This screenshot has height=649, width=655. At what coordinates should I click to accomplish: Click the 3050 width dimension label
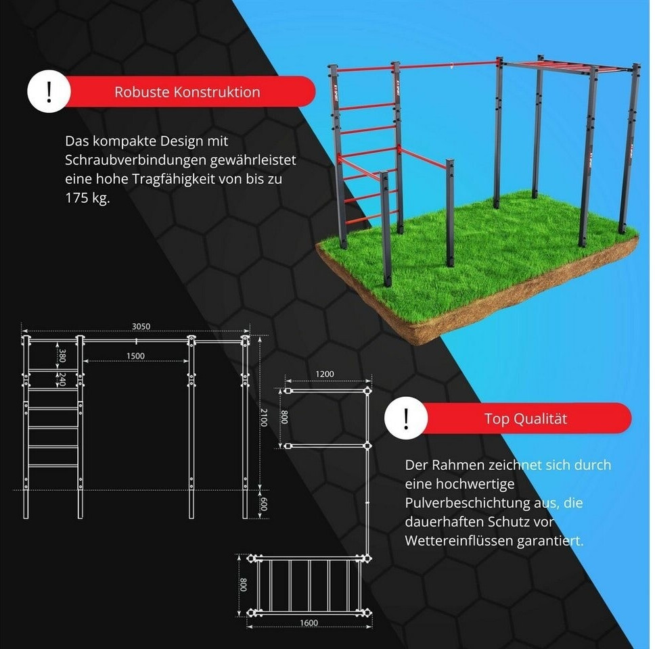[x=141, y=326]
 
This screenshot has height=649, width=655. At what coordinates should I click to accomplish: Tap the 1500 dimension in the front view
[x=135, y=356]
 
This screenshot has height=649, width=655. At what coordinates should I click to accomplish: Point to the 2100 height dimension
[x=264, y=417]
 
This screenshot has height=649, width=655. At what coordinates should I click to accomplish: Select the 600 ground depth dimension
[x=264, y=504]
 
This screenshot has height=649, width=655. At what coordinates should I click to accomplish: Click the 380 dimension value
[x=62, y=355]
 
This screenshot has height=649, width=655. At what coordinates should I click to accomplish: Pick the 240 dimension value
[x=62, y=379]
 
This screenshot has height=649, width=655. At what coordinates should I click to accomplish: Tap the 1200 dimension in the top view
[x=325, y=374]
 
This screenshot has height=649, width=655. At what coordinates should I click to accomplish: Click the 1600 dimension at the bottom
[x=309, y=623]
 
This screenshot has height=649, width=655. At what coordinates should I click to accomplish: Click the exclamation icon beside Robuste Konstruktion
[x=49, y=91]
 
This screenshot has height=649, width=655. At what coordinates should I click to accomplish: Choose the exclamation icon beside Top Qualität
[x=406, y=418]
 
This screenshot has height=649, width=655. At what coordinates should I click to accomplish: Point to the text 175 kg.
[x=87, y=197]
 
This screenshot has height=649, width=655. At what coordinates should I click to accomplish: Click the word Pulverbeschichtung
[x=467, y=502]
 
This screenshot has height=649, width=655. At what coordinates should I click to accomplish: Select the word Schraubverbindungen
[x=135, y=160]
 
